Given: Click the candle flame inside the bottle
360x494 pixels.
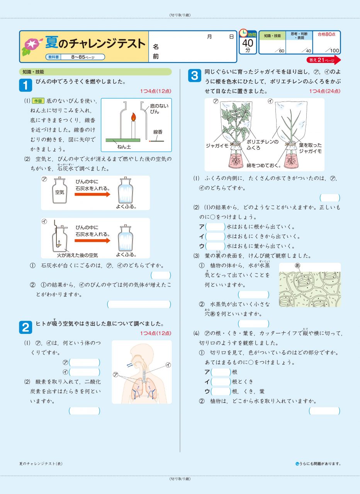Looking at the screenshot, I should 133,116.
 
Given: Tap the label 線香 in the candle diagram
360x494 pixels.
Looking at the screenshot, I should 158,132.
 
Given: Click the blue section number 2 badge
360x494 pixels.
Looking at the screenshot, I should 25,327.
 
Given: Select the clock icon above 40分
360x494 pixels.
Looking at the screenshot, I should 244,33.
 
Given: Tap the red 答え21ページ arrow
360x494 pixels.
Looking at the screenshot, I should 324,60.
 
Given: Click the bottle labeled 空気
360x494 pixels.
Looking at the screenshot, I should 59,191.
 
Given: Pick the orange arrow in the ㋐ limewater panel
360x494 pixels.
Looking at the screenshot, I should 92,195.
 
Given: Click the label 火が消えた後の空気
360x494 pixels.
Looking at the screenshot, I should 77,255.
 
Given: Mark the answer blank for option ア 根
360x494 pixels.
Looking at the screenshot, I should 221,372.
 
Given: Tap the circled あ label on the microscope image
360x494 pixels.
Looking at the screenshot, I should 297,266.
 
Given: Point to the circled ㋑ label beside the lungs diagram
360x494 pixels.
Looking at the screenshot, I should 168,364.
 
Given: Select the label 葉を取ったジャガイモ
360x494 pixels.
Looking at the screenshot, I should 310,148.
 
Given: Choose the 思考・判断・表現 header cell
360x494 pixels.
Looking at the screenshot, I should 299,36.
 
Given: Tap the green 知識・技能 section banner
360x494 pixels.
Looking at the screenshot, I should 95,72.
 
